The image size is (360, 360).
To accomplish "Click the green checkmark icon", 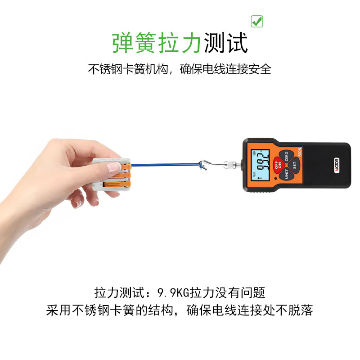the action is click(256, 21).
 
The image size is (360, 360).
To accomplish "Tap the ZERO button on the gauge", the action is click(286, 156).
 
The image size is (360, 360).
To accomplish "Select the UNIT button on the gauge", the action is click(286, 174).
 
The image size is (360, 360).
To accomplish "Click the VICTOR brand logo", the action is click(337, 165).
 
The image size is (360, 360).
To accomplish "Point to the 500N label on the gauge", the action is click(300, 152).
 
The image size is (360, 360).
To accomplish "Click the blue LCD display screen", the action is click(260, 165).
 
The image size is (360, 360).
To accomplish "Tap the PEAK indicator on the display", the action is click(253, 175).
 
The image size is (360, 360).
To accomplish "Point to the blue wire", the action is click(165, 165).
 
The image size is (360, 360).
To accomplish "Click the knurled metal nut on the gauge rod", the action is click(229, 165).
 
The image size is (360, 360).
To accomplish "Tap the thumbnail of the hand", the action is click(114, 167).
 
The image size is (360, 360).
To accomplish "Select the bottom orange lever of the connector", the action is click(117, 184).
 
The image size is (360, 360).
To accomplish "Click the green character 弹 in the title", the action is click(123, 43).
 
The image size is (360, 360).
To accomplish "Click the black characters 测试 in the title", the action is click(226, 43).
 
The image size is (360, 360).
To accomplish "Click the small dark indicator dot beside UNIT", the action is click(275, 178).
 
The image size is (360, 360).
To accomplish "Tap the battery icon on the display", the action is click(254, 153).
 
